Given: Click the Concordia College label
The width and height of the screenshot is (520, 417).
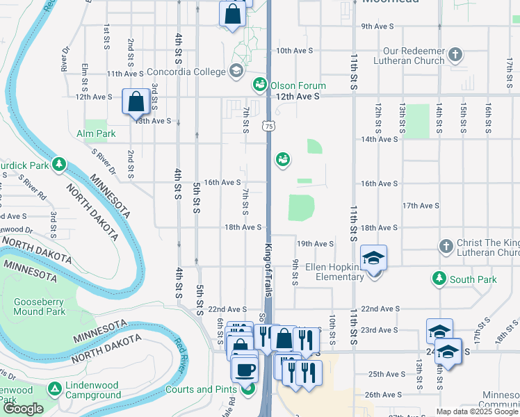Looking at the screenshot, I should tap(186, 71).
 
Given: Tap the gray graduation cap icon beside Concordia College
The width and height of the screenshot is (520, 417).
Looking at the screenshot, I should tap(236, 71).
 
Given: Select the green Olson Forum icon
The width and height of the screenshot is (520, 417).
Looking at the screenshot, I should tap(260, 84).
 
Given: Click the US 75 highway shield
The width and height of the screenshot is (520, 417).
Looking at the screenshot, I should tap(268, 126).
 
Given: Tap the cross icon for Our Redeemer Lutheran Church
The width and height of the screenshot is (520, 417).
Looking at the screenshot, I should tap(455, 55).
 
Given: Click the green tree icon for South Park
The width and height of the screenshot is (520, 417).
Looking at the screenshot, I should tap(439, 279).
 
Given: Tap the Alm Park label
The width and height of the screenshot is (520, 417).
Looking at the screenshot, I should tap(96, 133).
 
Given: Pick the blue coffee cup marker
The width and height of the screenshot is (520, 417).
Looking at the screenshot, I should tap(245, 370).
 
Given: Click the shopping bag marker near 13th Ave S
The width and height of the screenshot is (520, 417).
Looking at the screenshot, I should tap(136, 102).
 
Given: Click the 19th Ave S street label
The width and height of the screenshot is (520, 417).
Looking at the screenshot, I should tap(316, 244).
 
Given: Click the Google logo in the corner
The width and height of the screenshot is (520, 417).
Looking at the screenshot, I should tap(23, 409).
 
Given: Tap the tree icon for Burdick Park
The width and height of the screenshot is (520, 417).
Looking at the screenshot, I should tap(60, 164).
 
